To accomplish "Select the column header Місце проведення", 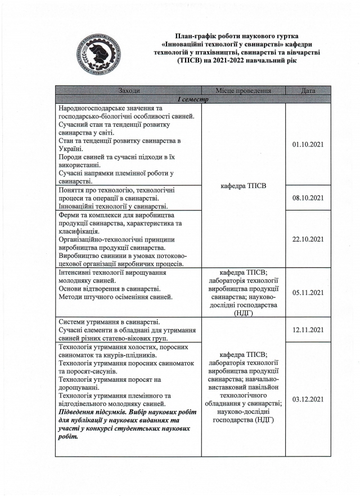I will (244, 91).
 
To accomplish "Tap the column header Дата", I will (308, 91).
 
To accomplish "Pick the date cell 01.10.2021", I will (308, 145).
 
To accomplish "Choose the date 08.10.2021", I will (308, 198).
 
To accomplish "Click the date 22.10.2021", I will (308, 239).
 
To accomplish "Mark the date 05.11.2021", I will (308, 292).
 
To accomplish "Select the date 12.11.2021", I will (308, 329).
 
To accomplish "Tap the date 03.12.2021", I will (308, 399).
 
